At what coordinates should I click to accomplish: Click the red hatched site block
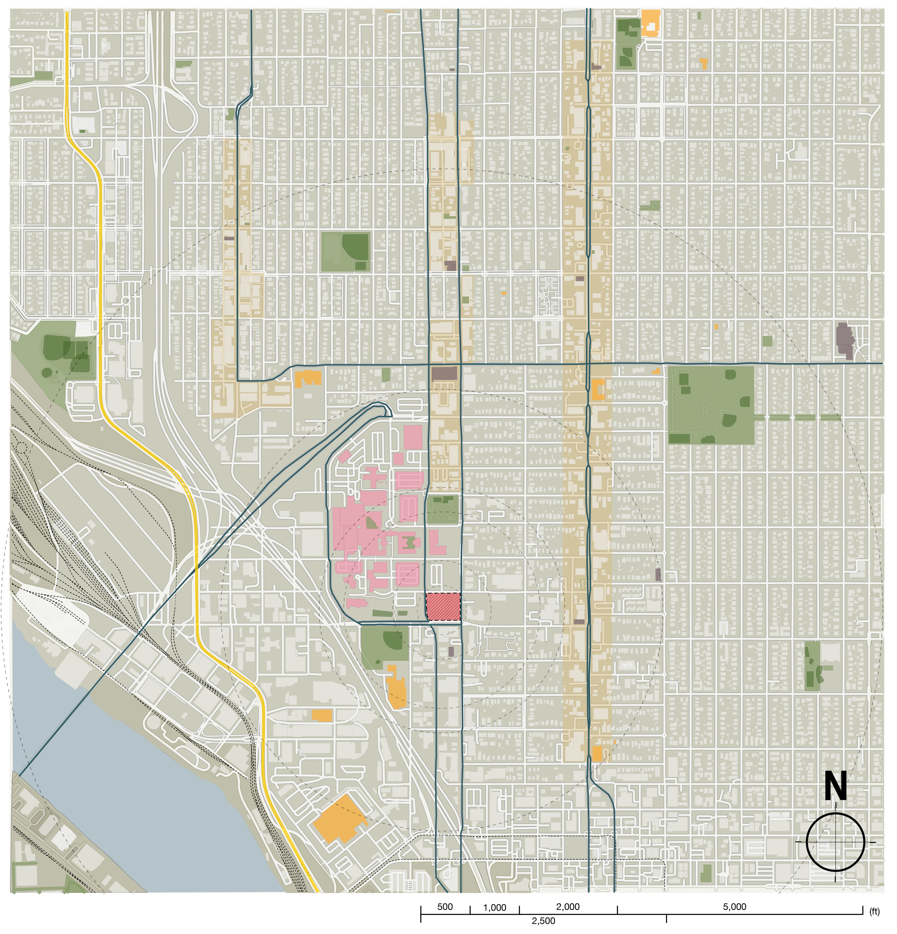443,606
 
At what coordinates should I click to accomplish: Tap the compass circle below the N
835,842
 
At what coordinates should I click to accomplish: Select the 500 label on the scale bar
445,907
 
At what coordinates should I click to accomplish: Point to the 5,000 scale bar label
734,907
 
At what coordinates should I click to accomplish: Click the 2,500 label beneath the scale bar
543,921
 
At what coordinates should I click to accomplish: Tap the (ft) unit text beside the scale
874,912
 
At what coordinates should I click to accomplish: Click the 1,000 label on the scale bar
494,908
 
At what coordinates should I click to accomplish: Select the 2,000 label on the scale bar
568,907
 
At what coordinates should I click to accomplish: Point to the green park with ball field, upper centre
346,251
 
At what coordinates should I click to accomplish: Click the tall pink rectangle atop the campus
413,437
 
